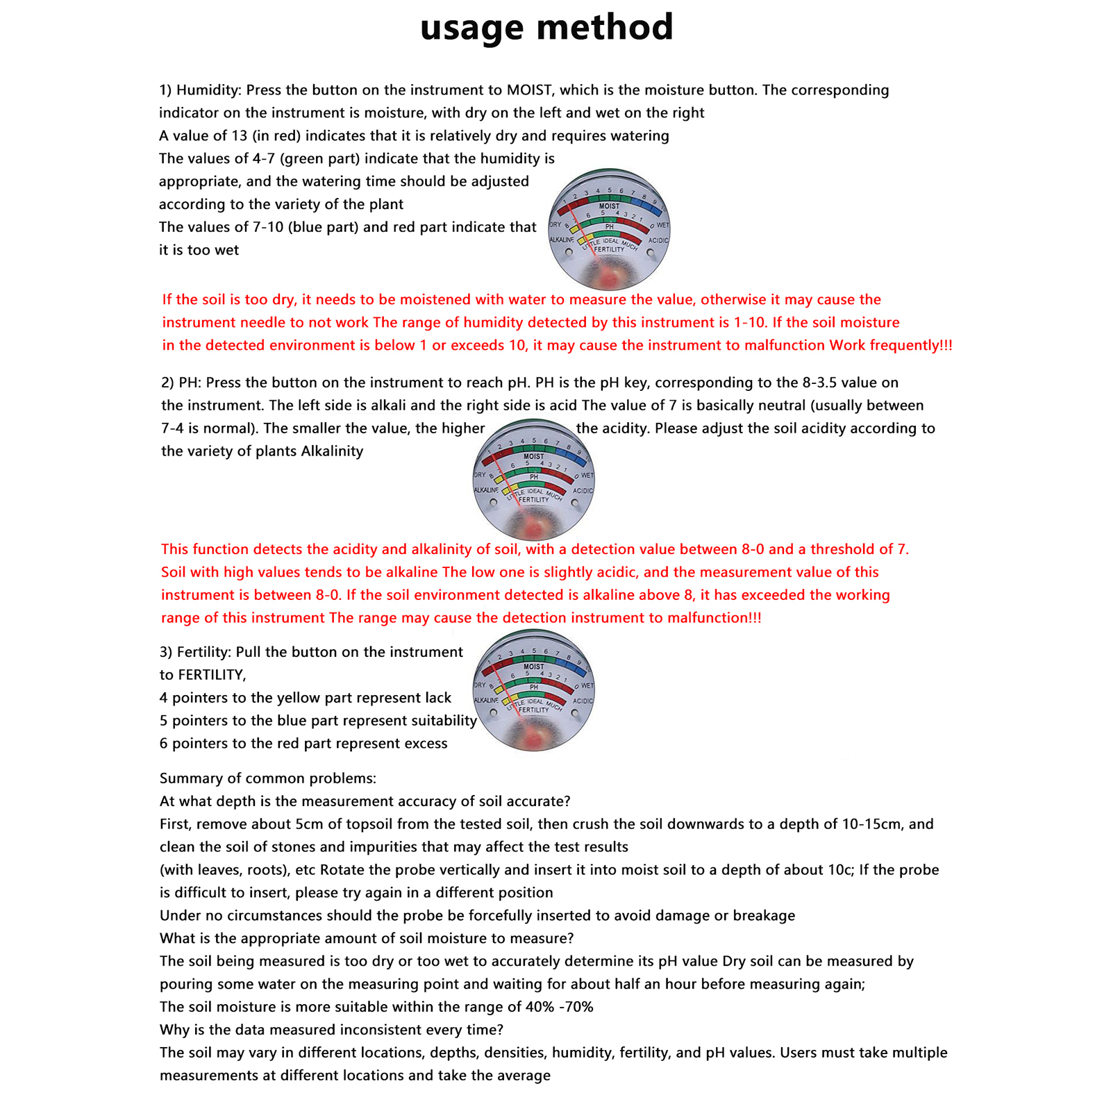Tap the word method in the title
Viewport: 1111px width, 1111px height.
click(x=605, y=28)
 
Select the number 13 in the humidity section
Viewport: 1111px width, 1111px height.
click(x=240, y=135)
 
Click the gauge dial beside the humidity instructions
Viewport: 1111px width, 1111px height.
click(x=609, y=230)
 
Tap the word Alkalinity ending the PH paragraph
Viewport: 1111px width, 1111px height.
click(x=332, y=451)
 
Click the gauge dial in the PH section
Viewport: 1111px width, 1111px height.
click(x=533, y=480)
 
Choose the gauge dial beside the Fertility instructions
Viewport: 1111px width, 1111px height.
click(x=533, y=691)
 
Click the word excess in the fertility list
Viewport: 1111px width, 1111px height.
click(x=425, y=744)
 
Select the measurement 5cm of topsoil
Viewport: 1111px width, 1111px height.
click(x=309, y=824)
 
